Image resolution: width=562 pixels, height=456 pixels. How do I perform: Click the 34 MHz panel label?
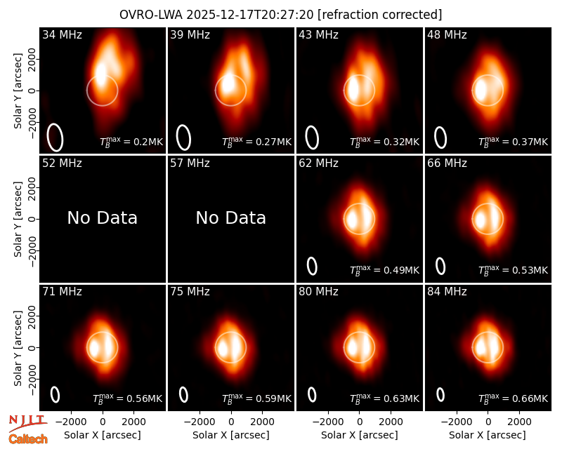pos(62,34)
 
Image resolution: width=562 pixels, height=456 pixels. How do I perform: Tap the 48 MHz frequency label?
pos(447,34)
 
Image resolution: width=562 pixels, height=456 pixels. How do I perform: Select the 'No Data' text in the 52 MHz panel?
pos(103,217)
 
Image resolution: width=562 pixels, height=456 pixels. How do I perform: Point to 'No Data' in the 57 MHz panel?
pos(231,217)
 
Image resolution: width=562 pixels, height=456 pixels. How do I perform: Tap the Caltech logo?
pos(28,439)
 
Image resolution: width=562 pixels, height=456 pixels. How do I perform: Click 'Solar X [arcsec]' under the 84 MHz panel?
pos(488,435)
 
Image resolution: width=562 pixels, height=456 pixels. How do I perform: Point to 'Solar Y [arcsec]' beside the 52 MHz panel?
pos(18,219)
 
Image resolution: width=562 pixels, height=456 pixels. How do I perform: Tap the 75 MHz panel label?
pos(190,292)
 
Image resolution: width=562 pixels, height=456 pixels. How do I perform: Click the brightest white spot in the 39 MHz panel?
pos(227,85)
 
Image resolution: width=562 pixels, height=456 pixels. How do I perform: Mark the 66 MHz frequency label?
pos(447,163)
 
